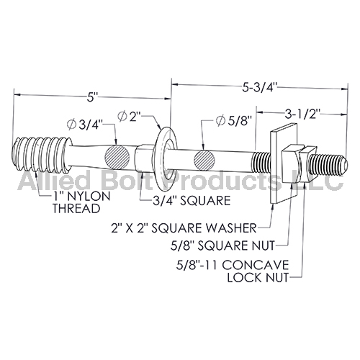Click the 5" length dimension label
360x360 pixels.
click(91, 99)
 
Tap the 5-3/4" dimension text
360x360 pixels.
click(260, 88)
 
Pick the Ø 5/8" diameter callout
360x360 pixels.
click(234, 121)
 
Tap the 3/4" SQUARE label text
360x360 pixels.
click(192, 200)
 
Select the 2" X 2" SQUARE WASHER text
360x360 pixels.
click(184, 228)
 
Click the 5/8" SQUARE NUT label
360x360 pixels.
click(222, 246)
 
